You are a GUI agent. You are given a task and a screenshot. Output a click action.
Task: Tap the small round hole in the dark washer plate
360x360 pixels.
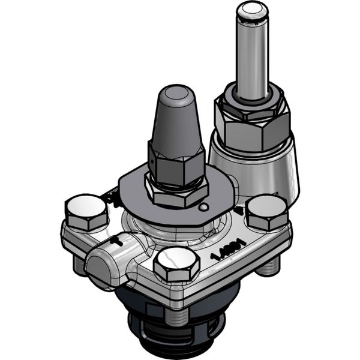click(205, 208)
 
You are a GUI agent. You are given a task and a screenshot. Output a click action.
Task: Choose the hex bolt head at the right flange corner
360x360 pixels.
click(267, 211)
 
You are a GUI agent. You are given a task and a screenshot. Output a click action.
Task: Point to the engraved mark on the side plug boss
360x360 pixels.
click(118, 244)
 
